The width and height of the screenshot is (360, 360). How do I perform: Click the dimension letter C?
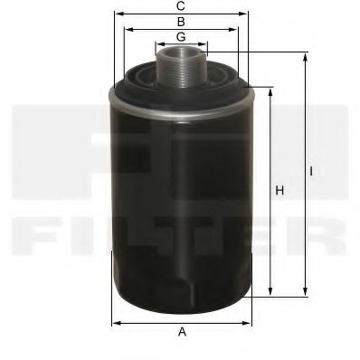coord(182,6)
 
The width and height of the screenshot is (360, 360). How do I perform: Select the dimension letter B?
coord(182,21)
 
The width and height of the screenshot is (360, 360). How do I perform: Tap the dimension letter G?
coord(182,36)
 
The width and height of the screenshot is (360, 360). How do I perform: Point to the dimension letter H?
coord(279,190)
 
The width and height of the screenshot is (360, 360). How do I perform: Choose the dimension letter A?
coord(182,333)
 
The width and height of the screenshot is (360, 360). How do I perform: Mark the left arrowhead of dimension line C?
coord(116,14)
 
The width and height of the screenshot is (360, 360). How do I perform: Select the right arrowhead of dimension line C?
coord(248,14)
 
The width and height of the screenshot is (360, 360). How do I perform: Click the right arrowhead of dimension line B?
coord(240,29)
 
